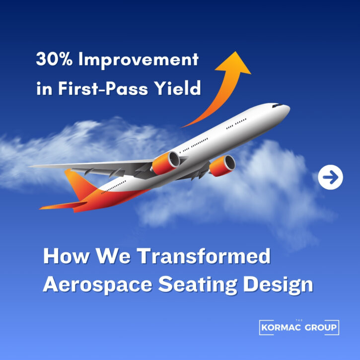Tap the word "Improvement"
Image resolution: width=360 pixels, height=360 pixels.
click(139, 60)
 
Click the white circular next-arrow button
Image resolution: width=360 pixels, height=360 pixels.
click(331, 177)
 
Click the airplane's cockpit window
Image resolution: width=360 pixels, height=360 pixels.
click(276, 106)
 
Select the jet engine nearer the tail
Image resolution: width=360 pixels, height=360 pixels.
click(166, 163)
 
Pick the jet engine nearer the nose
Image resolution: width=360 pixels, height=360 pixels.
click(222, 166)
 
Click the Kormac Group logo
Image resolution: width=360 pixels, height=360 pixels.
click(299, 327)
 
